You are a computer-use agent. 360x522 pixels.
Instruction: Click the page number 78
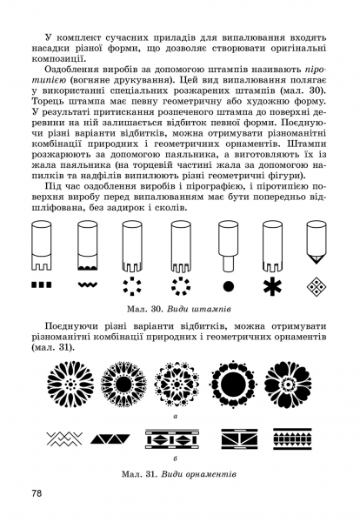[x=37, y=493]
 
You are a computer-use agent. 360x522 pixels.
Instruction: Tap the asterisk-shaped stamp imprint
[x=272, y=286]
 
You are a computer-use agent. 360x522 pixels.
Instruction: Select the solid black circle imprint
[x=228, y=286]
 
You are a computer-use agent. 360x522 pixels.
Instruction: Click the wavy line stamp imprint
[x=88, y=284]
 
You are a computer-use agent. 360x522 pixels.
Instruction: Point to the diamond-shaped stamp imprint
[x=317, y=286]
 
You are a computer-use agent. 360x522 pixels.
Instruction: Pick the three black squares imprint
[x=42, y=284]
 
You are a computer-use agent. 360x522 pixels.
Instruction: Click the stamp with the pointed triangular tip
[x=317, y=243]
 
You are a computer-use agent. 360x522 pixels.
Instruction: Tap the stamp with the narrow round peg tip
[x=228, y=246]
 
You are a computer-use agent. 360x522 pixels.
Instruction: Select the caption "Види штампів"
[x=199, y=309]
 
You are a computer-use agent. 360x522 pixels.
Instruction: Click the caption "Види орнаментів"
[x=198, y=474]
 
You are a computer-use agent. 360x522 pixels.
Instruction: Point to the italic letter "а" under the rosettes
[x=176, y=416]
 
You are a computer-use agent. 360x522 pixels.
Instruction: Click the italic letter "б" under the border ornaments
[x=176, y=458]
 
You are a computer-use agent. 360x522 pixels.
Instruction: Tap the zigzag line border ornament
[x=64, y=438]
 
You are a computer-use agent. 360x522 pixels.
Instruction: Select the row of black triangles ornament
[x=110, y=439]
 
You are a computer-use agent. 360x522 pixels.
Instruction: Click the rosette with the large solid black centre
[x=233, y=384]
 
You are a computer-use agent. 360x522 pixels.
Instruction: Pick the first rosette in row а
[x=70, y=384]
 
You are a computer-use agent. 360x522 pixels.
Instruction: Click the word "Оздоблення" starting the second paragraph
[x=72, y=70]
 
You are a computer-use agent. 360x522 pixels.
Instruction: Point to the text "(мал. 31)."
[x=53, y=347]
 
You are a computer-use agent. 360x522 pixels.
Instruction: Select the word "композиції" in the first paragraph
[x=57, y=59]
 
